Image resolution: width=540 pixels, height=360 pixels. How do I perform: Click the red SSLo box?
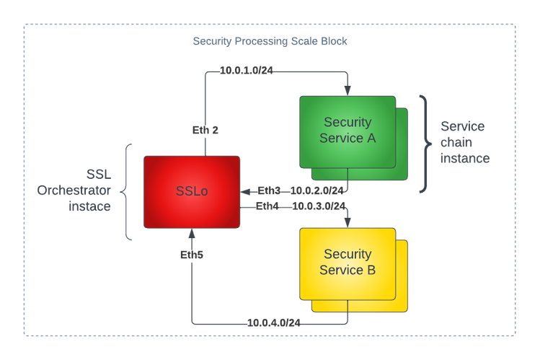(x=192, y=191)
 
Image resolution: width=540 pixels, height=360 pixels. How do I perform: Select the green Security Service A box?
(x=348, y=131)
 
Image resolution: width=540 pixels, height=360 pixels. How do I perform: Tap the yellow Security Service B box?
(x=348, y=263)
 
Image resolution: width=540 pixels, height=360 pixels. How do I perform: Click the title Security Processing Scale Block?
(x=270, y=41)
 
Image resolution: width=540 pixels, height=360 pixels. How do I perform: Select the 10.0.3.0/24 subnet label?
(x=319, y=206)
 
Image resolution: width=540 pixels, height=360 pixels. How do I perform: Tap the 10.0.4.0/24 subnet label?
(x=273, y=322)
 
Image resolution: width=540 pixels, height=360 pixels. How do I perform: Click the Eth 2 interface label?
(x=205, y=130)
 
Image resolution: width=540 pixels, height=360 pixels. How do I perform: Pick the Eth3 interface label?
(x=269, y=191)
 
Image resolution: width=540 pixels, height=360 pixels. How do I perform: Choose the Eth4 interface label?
(x=269, y=206)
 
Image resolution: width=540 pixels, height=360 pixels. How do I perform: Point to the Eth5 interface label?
(x=192, y=255)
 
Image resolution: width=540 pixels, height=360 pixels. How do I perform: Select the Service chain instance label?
(x=464, y=142)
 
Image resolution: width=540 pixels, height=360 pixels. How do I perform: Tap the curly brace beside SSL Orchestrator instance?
(x=127, y=191)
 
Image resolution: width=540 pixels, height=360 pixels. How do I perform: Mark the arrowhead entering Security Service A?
(x=348, y=90)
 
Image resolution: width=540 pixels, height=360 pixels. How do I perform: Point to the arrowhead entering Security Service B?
(x=348, y=223)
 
